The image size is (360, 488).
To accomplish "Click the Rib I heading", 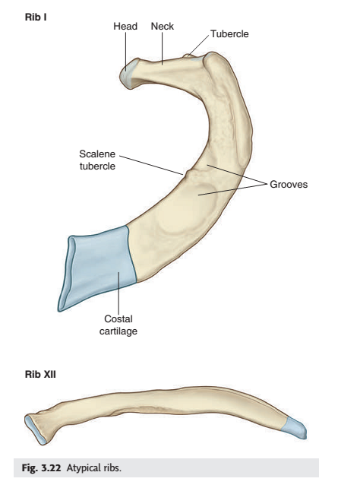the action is click(x=36, y=17).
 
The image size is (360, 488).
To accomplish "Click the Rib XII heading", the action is click(x=40, y=374).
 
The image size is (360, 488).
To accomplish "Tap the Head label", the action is click(x=125, y=27).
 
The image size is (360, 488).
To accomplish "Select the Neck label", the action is click(x=163, y=27).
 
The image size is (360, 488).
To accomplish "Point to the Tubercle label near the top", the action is click(x=229, y=34).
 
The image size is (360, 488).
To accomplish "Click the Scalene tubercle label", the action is click(x=97, y=160).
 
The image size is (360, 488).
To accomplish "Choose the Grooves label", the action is click(x=289, y=184).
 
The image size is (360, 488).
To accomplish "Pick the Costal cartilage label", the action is click(x=118, y=325).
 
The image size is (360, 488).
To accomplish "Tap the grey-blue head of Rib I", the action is click(x=129, y=74).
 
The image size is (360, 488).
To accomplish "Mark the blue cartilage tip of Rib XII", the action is click(x=295, y=428).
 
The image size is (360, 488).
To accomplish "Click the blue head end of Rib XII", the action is click(x=35, y=429).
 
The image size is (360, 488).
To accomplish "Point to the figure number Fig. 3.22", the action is click(x=41, y=467).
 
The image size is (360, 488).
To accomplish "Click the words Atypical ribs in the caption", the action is click(x=94, y=467).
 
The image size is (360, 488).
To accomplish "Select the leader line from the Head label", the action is click(x=125, y=52).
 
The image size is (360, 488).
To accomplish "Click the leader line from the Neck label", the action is click(x=162, y=48).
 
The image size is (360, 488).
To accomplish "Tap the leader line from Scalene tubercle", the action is click(x=151, y=165).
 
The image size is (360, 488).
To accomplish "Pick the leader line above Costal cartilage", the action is click(x=118, y=293).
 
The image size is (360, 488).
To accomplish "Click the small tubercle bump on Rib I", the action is click(x=188, y=56).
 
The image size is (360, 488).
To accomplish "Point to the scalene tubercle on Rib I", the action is click(x=188, y=173).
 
